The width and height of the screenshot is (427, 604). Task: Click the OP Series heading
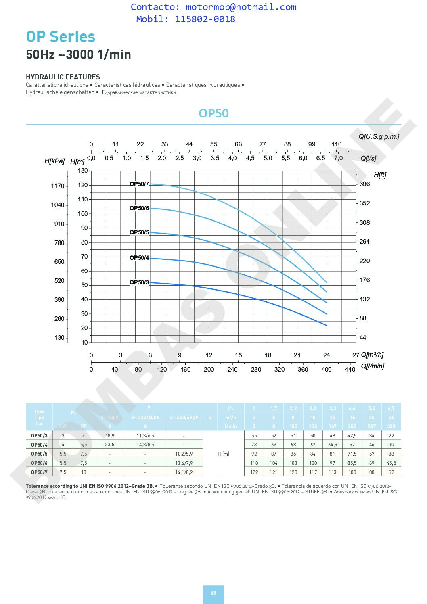click(x=61, y=37)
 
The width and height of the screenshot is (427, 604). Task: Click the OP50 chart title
click(x=213, y=113)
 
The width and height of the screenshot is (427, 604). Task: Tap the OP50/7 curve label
click(x=139, y=184)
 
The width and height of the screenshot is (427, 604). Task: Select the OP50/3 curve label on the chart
click(x=139, y=282)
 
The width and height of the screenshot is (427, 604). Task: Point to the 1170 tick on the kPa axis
click(x=57, y=186)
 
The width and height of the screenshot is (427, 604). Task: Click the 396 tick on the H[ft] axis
click(x=364, y=184)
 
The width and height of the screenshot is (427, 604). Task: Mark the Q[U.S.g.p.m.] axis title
click(x=379, y=136)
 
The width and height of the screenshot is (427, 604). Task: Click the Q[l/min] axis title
click(x=372, y=366)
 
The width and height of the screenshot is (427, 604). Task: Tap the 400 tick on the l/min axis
click(x=326, y=369)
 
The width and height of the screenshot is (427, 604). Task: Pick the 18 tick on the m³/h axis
click(x=268, y=355)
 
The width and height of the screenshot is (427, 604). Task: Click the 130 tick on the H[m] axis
click(x=82, y=171)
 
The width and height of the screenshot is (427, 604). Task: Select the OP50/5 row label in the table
click(x=39, y=454)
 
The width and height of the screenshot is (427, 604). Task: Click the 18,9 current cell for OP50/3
click(x=109, y=436)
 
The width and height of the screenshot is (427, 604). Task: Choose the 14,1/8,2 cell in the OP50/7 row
click(x=184, y=472)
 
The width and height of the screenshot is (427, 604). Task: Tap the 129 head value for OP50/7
click(x=254, y=472)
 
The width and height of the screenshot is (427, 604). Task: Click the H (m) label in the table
click(x=223, y=454)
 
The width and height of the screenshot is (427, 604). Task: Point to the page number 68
click(x=213, y=593)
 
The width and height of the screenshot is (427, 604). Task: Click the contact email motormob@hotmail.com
click(x=241, y=7)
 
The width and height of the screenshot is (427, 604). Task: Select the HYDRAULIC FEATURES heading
click(x=63, y=77)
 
